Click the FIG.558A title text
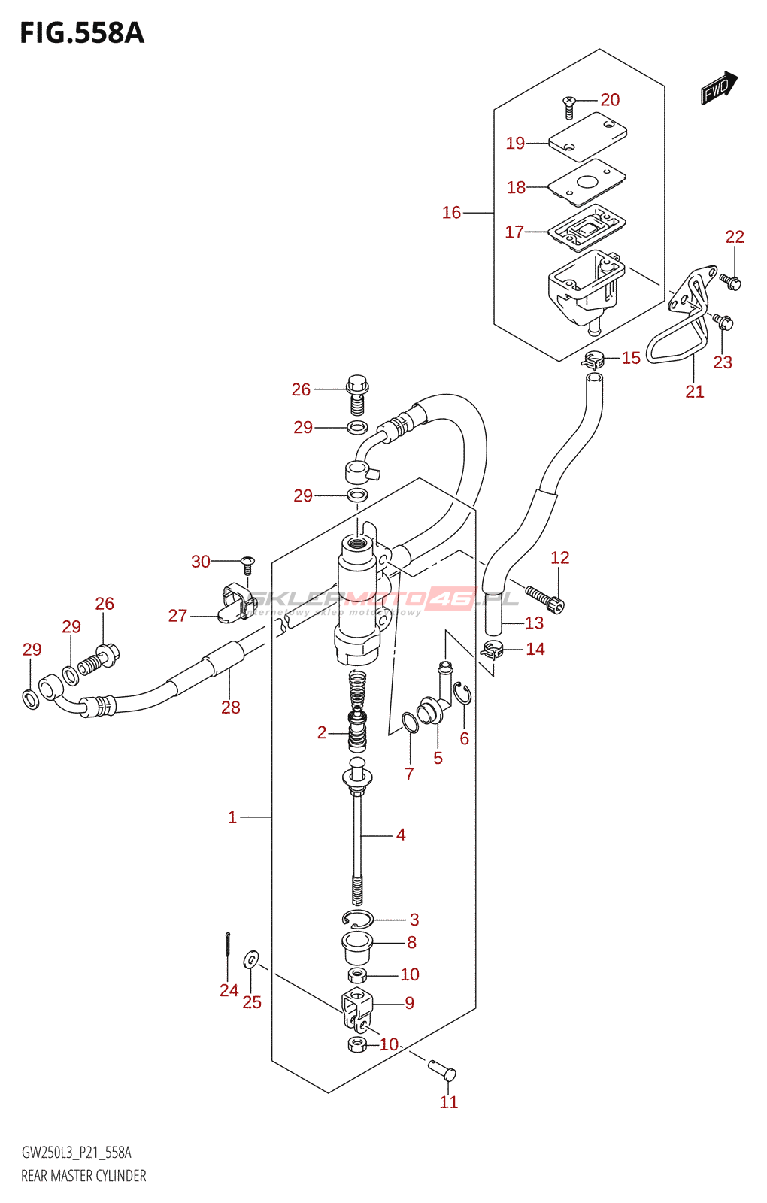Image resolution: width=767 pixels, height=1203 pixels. (81, 33)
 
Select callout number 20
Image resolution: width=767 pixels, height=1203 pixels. (610, 100)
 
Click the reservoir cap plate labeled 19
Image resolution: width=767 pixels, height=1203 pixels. (587, 136)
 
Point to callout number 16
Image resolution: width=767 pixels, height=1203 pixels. (451, 213)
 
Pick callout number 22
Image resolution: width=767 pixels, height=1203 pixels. (735, 237)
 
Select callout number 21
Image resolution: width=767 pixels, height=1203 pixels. (695, 391)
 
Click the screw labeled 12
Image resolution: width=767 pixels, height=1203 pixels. (544, 598)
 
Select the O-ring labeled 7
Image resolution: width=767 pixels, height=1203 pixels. (410, 723)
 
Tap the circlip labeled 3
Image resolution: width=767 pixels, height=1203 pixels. (357, 918)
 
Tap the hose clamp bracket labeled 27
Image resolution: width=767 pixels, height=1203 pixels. (232, 605)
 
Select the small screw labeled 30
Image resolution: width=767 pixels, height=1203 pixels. (247, 565)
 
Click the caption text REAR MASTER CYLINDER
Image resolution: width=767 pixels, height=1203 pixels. (83, 1176)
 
